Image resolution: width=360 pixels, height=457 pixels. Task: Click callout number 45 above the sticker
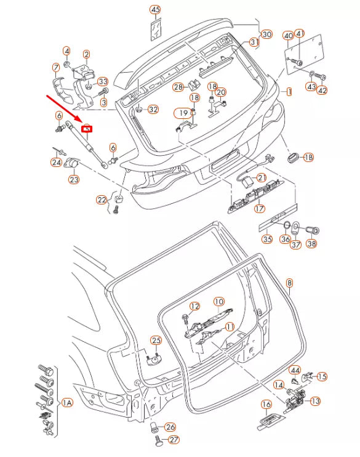pyautogui.click(x=155, y=10)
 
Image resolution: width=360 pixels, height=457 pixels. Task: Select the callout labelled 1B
pyautogui.click(x=308, y=158)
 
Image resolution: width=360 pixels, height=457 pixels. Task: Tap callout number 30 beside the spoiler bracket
pyautogui.click(x=267, y=34)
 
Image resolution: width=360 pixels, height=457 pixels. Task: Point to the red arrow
pyautogui.click(x=65, y=108)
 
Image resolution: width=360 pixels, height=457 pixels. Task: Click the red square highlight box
pyautogui.click(x=87, y=129)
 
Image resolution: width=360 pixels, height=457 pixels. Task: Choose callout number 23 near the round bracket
pyautogui.click(x=74, y=179)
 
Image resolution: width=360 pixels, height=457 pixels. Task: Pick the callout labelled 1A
pyautogui.click(x=67, y=403)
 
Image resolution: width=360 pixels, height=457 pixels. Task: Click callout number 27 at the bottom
pyautogui.click(x=174, y=440)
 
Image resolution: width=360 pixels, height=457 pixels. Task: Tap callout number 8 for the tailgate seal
pyautogui.click(x=289, y=283)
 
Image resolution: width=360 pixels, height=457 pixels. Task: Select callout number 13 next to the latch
pyautogui.click(x=315, y=401)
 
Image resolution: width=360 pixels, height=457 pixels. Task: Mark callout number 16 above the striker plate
pyautogui.click(x=266, y=404)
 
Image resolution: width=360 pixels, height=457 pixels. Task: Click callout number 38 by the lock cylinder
pyautogui.click(x=311, y=243)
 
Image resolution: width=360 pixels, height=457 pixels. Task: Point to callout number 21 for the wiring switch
pyautogui.click(x=262, y=177)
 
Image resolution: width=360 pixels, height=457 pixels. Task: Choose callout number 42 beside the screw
pyautogui.click(x=322, y=91)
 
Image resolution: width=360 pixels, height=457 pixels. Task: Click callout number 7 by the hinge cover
pyautogui.click(x=56, y=68)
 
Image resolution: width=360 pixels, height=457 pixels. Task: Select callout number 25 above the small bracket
pyautogui.click(x=156, y=341)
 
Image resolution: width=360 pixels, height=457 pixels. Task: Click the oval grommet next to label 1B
pyautogui.click(x=292, y=158)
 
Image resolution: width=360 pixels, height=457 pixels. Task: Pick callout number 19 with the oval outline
pyautogui.click(x=183, y=113)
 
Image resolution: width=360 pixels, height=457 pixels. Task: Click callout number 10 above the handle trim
pyautogui.click(x=219, y=302)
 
